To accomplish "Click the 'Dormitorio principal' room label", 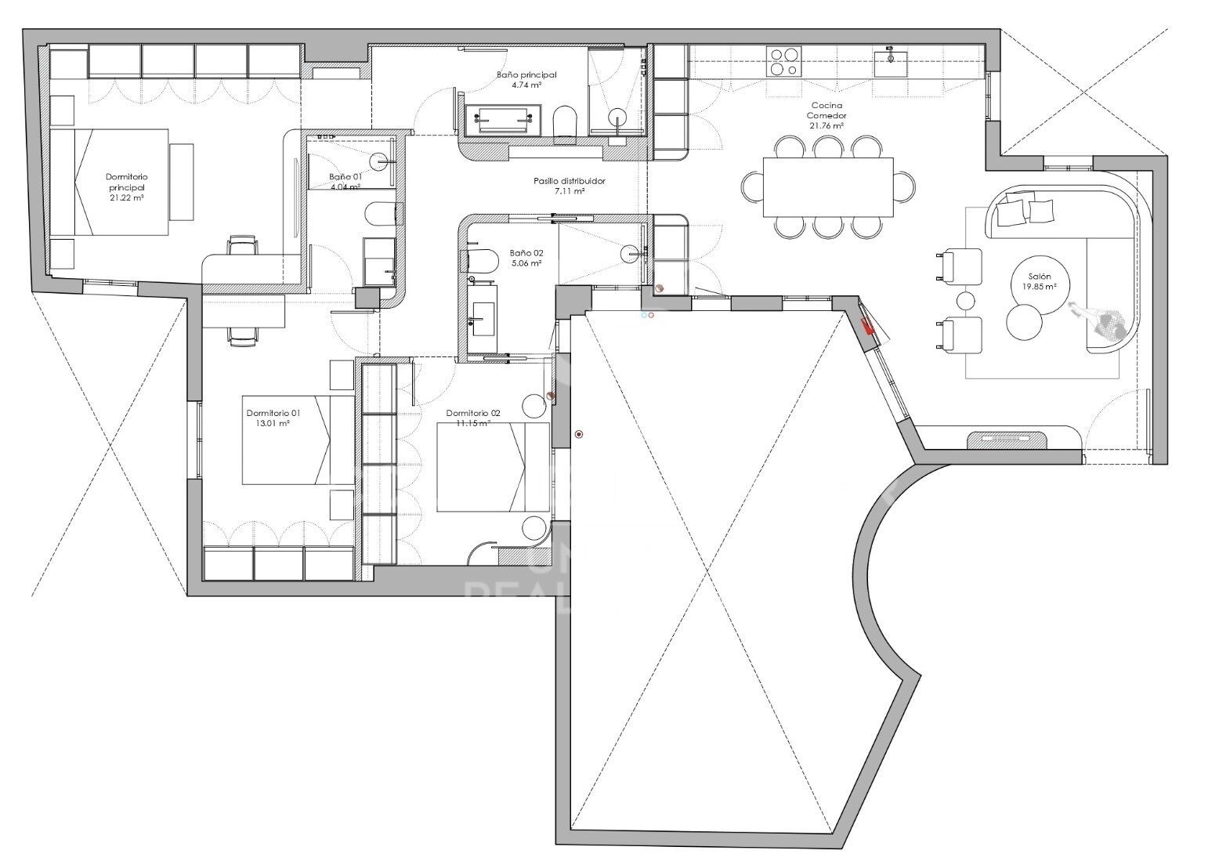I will point(126,183).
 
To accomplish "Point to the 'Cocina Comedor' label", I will point(827,109).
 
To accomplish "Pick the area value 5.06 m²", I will point(526,264).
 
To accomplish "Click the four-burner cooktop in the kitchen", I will point(784,61).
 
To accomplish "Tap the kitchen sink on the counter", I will point(891,61).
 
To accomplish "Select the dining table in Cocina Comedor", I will point(828,187).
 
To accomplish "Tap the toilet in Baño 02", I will point(481,261).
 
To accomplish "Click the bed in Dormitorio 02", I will point(493,467).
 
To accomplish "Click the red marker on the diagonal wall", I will point(867,327).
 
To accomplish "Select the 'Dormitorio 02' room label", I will point(472,413).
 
